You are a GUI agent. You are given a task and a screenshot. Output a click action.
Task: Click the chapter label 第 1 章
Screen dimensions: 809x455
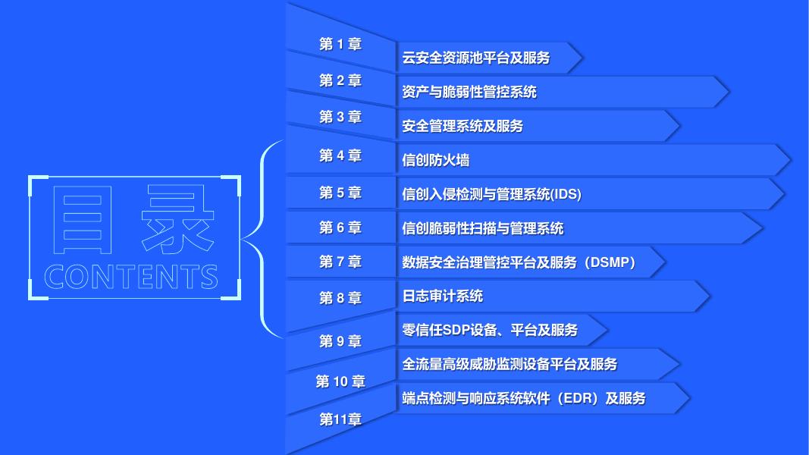(340, 45)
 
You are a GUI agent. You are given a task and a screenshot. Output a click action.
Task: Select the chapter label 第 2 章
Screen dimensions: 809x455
(340, 81)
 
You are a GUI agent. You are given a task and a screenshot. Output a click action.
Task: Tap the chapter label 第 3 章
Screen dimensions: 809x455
(340, 117)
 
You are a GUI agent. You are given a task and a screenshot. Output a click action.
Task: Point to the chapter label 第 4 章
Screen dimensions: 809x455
(340, 156)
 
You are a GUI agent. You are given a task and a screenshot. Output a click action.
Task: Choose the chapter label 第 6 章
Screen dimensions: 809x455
(340, 227)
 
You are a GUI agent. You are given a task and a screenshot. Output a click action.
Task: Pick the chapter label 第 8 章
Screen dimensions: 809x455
(340, 298)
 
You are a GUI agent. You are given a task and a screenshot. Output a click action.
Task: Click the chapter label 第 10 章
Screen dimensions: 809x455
(340, 381)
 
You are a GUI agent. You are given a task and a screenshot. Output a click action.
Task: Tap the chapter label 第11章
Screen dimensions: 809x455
(340, 419)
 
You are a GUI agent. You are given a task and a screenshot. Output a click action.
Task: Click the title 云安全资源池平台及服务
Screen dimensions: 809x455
(475, 58)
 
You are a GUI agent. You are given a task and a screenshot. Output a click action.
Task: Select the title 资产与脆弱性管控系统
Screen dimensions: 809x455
(469, 92)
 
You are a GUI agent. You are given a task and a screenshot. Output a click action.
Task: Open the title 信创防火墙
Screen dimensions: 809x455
(435, 160)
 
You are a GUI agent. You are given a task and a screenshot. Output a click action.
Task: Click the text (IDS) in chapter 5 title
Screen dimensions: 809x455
(566, 194)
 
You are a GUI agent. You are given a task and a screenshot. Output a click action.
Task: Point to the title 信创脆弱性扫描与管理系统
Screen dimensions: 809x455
(483, 228)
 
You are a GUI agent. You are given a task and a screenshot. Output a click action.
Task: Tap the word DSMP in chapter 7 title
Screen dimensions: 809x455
(607, 262)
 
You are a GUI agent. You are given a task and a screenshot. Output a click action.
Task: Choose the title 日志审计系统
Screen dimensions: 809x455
(442, 296)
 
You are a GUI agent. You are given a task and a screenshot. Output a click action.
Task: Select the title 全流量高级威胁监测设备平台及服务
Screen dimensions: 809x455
(510, 364)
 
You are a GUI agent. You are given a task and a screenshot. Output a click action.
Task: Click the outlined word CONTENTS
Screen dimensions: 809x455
(132, 277)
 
